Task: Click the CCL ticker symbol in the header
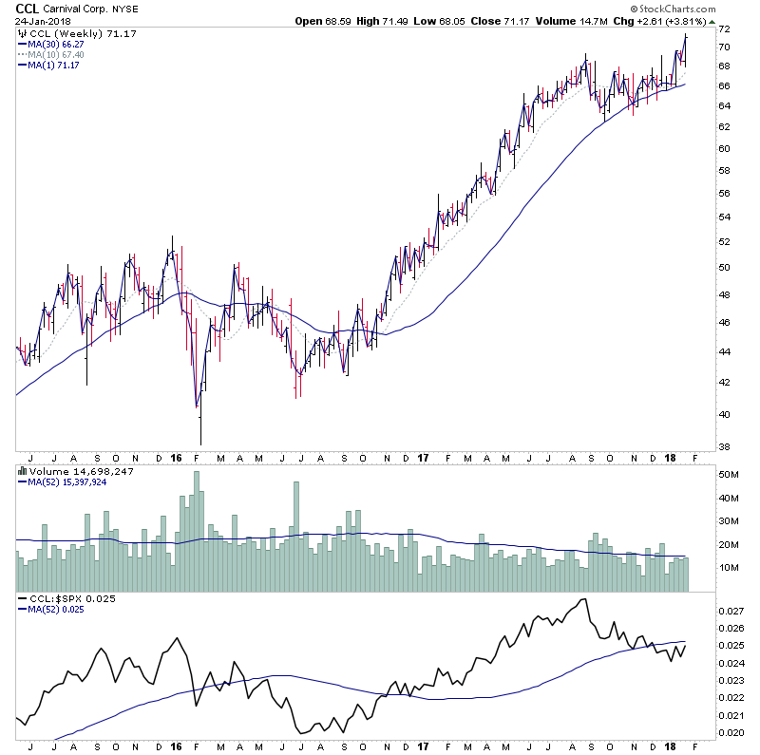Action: click(28, 9)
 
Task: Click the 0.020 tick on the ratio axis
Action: click(731, 733)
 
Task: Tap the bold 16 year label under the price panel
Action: click(176, 457)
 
